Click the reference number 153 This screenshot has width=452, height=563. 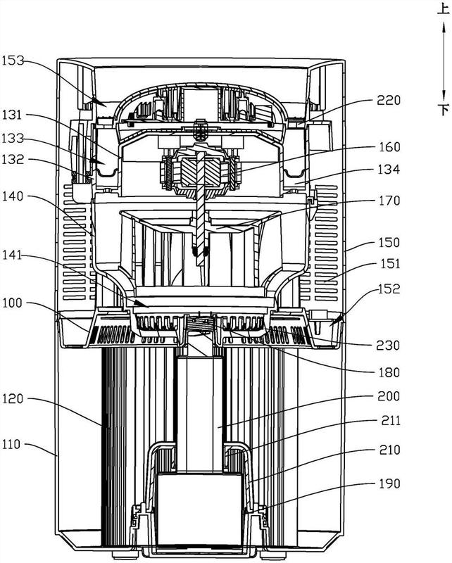(x=13, y=61)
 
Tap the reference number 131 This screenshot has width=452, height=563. (x=13, y=115)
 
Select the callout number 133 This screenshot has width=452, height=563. (x=13, y=138)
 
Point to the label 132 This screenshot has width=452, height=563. (x=13, y=159)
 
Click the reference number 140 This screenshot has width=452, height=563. (x=13, y=196)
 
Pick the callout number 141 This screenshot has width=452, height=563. (x=13, y=255)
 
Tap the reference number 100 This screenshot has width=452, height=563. (x=13, y=303)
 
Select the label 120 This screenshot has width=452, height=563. (x=13, y=398)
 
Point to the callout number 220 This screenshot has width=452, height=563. (x=389, y=100)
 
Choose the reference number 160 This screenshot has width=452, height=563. (x=389, y=147)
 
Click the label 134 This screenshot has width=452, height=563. (x=389, y=169)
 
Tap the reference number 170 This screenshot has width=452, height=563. (x=389, y=201)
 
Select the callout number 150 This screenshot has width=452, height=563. (x=389, y=242)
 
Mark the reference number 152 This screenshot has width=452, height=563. (x=389, y=289)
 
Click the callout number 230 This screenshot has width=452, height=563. (x=389, y=346)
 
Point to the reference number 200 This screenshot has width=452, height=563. (x=389, y=396)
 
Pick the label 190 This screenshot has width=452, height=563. (x=389, y=483)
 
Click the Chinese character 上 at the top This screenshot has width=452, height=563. (x=444, y=8)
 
